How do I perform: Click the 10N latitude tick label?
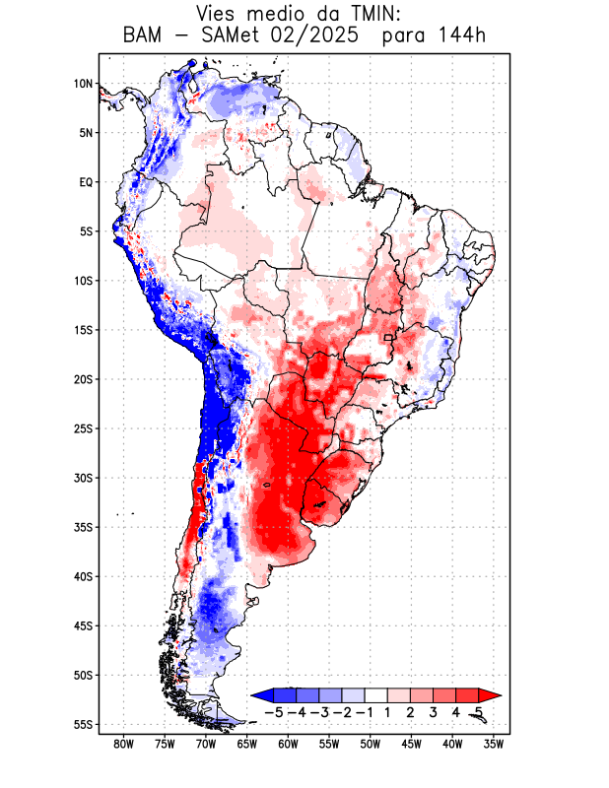(84, 84)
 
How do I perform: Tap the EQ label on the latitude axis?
(86, 182)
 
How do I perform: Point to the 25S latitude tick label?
(84, 428)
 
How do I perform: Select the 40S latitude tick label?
(84, 576)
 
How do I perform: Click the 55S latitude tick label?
(84, 724)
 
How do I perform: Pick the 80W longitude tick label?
(123, 744)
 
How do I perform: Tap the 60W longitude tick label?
(288, 744)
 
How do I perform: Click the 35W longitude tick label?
(494, 744)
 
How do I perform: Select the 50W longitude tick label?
(371, 744)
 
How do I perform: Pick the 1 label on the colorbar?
(389, 712)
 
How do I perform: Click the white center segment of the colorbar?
(376, 695)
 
